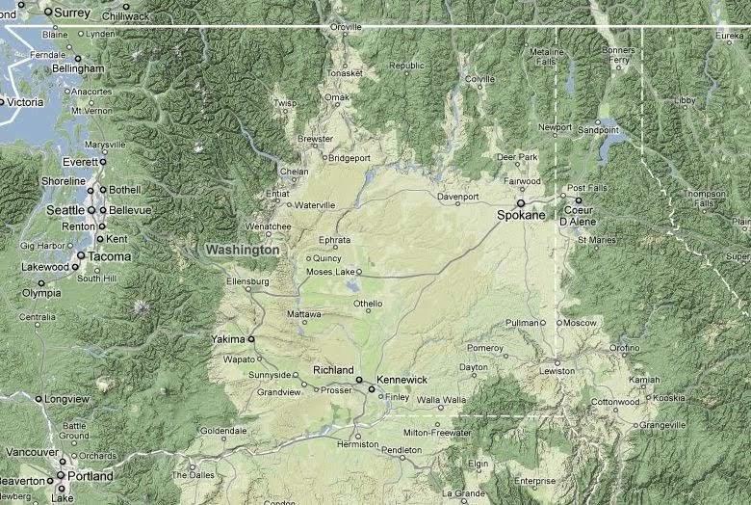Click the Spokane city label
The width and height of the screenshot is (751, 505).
(x=521, y=215)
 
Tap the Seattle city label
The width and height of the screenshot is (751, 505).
(x=65, y=210)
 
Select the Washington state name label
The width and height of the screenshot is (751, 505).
(x=243, y=250)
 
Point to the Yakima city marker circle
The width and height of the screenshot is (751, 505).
(x=251, y=339)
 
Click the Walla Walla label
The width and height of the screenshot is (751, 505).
(x=441, y=399)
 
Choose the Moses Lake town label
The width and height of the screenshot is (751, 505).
(x=330, y=272)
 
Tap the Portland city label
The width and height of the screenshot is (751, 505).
(x=89, y=476)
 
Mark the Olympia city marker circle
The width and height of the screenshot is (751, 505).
(x=40, y=283)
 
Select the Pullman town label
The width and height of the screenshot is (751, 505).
(x=522, y=323)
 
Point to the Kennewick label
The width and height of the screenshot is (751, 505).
(x=401, y=380)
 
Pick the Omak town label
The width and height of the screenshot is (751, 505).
(x=336, y=98)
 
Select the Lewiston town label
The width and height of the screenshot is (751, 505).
(x=556, y=371)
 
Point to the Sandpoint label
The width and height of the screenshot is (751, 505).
(x=598, y=129)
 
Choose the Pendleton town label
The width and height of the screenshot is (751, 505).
(x=401, y=450)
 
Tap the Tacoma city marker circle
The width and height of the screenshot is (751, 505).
(x=82, y=256)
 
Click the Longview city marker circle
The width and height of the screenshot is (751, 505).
(x=39, y=398)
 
